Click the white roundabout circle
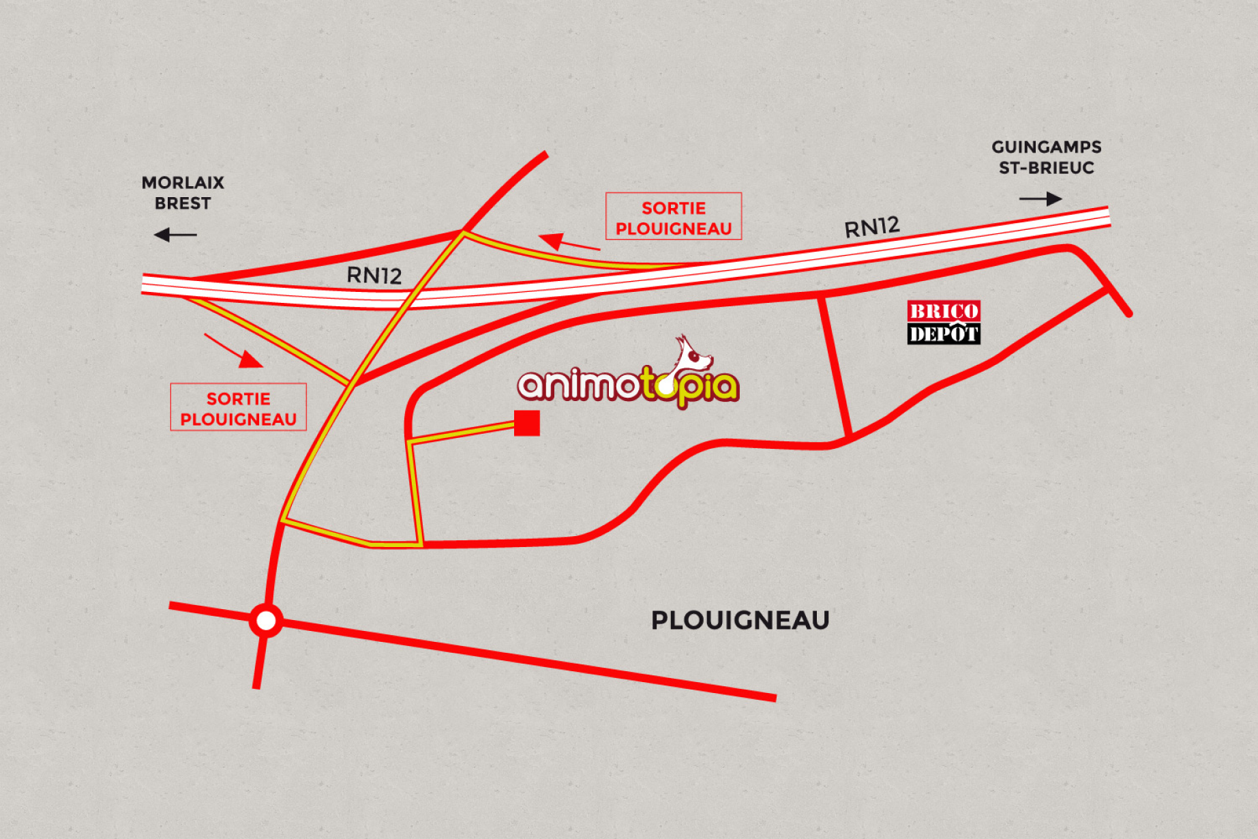point(266,621)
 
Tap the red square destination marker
point(527,423)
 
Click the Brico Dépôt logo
point(944,322)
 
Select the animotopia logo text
point(627,386)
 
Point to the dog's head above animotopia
point(693,354)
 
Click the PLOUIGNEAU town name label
point(740,620)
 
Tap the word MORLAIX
point(183,183)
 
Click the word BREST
point(183,203)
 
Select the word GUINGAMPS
point(1046,147)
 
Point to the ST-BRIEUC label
point(1046,168)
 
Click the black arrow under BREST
point(175,235)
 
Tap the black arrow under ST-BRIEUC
point(1040,198)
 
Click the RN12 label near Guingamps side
point(872,227)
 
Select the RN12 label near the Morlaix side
point(374,275)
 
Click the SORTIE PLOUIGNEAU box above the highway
point(674,216)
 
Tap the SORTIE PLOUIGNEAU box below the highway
point(238,407)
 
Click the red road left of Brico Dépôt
point(835,367)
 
